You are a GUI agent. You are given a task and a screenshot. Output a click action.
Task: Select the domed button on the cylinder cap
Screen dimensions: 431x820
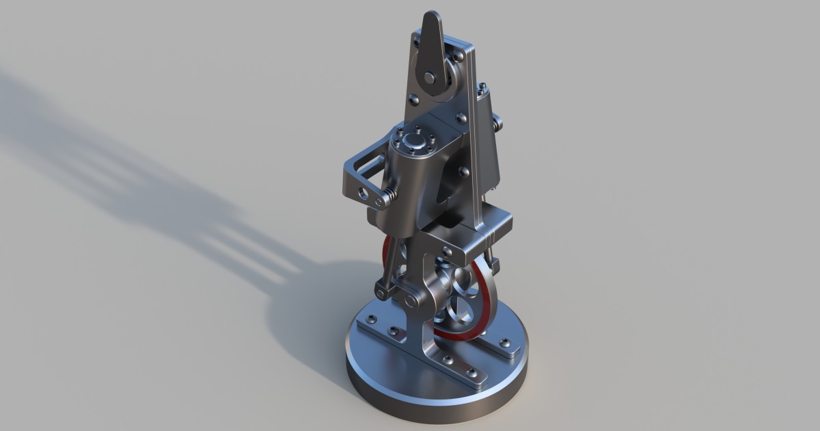point(412,142)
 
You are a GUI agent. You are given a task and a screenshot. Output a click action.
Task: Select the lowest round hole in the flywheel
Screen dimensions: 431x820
point(454,316)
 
